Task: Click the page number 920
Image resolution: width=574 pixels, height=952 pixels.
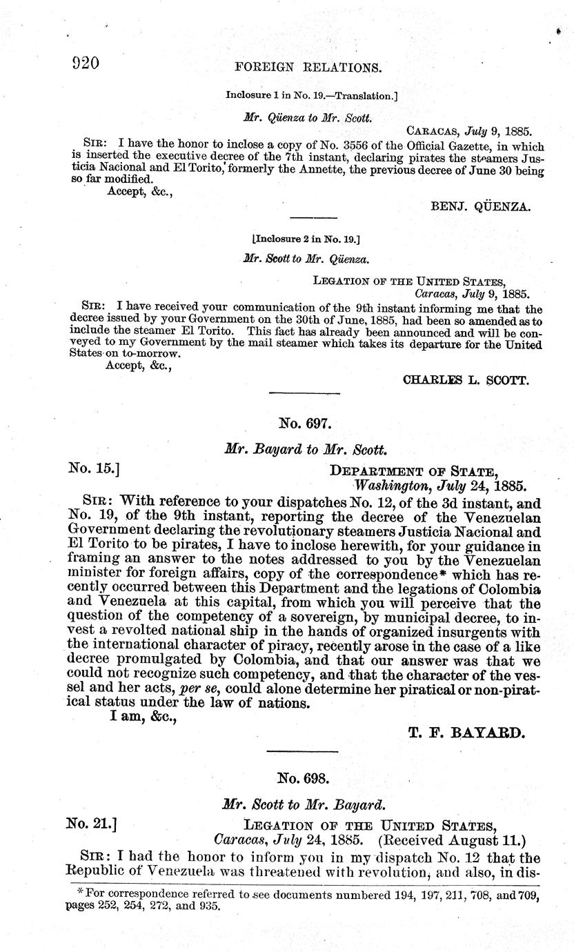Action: point(86,63)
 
